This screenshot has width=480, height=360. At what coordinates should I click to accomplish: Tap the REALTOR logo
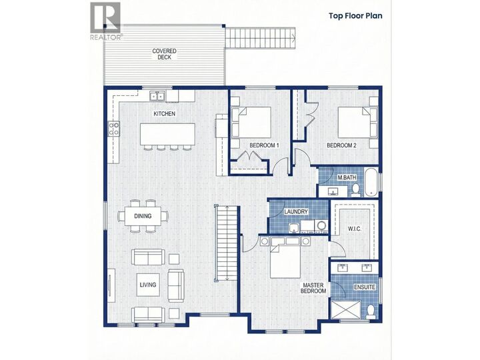[x=105, y=21]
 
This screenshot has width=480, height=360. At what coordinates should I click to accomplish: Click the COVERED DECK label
[x=164, y=54]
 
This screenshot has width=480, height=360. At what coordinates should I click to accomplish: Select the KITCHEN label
[x=164, y=114]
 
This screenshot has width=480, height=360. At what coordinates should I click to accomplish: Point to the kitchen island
[x=168, y=133]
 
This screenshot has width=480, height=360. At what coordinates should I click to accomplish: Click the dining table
[x=143, y=216]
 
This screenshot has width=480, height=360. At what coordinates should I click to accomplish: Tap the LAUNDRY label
[x=295, y=212]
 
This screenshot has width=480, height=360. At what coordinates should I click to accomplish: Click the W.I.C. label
[x=354, y=229]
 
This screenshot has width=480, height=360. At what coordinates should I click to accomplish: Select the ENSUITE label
[x=363, y=287]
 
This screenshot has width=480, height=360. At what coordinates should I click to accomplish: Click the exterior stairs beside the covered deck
[x=260, y=38]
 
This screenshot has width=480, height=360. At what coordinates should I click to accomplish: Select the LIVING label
[x=147, y=285]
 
